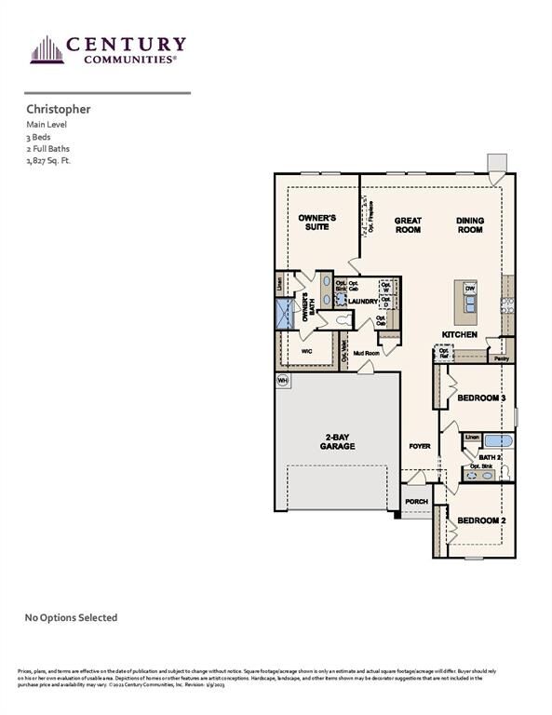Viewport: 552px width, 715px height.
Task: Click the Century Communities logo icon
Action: click(46, 49)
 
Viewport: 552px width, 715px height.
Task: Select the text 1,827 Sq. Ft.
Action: click(48, 161)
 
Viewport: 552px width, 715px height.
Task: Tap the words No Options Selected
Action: click(71, 617)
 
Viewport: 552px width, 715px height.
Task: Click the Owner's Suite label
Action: click(316, 223)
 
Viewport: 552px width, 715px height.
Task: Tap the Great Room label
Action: click(408, 224)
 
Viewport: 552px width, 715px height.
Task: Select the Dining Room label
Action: click(470, 224)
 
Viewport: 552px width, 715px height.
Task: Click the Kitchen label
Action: click(460, 334)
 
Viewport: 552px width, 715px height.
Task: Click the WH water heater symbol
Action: click(282, 380)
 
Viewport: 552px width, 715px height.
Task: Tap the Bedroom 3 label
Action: click(480, 398)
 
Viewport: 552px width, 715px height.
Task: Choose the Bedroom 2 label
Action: click(480, 519)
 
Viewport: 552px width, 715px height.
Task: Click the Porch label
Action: click(416, 502)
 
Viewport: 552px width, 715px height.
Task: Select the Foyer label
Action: click(420, 446)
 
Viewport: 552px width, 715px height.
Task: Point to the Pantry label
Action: click(502, 357)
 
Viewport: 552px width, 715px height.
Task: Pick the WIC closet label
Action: click(306, 352)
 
